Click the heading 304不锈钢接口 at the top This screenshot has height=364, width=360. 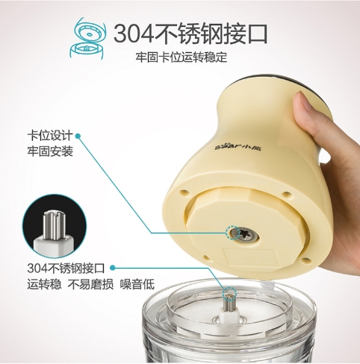coord(190,34)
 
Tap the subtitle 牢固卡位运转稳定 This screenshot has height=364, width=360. coord(181,57)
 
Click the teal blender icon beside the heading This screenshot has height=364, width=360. coord(88,38)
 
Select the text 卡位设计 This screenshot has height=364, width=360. coord(50,136)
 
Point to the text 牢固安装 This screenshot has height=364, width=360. coord(50,151)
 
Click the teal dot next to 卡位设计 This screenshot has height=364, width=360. coord(78,136)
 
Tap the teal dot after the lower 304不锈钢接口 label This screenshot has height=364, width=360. coord(113,268)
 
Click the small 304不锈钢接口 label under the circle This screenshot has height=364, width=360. coord(66,268)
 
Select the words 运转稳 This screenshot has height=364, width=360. coord(44,284)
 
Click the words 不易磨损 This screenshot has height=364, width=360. coord(90,284)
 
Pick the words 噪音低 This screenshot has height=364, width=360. coord(137,284)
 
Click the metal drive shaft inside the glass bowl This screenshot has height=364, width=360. coord(229,302)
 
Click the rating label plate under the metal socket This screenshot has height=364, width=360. coord(249,259)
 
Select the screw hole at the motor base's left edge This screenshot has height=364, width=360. coord(184,191)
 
